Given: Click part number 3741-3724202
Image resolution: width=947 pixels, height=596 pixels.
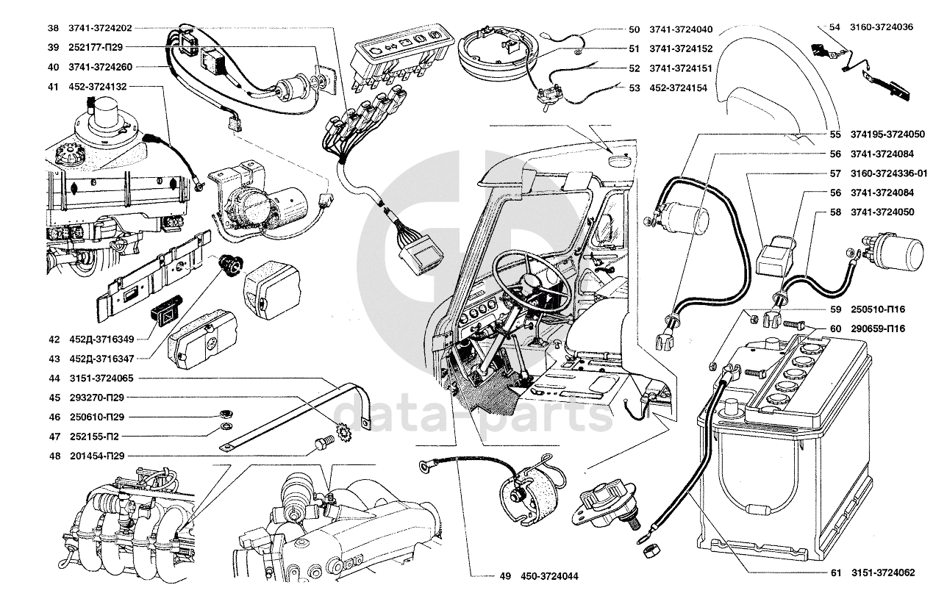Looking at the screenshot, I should (x=100, y=29).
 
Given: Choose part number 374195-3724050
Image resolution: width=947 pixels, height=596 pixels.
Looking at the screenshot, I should (x=888, y=135).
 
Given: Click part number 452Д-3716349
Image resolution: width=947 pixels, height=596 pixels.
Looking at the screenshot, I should (x=100, y=340).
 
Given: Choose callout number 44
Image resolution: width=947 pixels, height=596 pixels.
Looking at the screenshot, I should (x=53, y=378).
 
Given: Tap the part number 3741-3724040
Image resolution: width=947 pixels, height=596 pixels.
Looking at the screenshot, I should (x=681, y=30).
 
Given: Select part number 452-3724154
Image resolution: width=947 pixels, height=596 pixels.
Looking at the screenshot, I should (x=678, y=87).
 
